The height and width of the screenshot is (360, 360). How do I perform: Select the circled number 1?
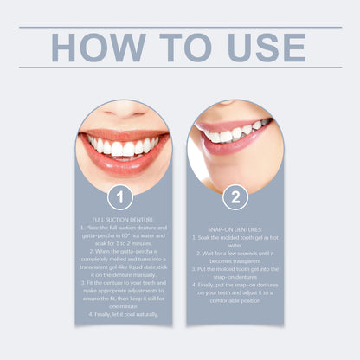[x=123, y=197]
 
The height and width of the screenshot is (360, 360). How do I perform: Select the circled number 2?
[x=235, y=197]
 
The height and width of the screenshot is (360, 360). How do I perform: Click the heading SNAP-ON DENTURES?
[x=235, y=229]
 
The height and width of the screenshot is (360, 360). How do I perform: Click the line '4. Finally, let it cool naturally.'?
[x=123, y=314]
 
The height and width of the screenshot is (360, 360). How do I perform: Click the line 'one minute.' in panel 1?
[x=123, y=305]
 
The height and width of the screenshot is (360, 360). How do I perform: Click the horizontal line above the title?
[x=180, y=27]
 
